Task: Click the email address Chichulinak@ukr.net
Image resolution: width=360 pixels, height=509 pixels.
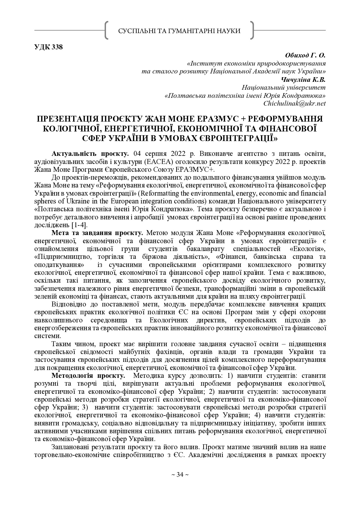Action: click(x=294, y=103)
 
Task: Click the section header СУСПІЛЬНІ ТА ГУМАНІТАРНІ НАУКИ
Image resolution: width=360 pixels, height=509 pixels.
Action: click(x=179, y=31)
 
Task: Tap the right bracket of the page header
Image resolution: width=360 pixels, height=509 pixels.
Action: click(x=252, y=30)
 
